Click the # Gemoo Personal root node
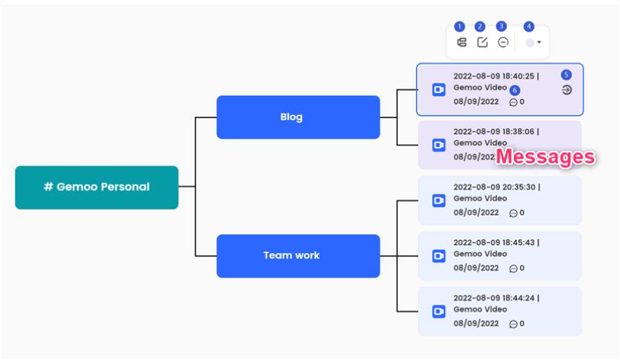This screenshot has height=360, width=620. [97, 187]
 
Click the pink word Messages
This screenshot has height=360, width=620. [546, 157]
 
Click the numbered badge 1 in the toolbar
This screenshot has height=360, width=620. [460, 27]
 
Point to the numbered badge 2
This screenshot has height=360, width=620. [480, 27]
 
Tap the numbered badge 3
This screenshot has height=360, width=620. [502, 27]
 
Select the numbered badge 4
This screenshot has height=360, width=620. [529, 27]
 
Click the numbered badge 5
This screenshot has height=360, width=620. [566, 74]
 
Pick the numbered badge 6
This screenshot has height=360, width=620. [514, 90]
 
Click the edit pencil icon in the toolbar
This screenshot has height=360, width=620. [482, 43]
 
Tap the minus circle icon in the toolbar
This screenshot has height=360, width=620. [503, 43]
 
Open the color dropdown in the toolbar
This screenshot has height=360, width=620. [533, 43]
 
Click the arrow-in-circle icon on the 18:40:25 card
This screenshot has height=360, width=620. [567, 89]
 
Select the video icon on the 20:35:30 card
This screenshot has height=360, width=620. [438, 200]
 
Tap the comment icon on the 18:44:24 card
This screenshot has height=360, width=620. [513, 324]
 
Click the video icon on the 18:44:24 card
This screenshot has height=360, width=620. [438, 311]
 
